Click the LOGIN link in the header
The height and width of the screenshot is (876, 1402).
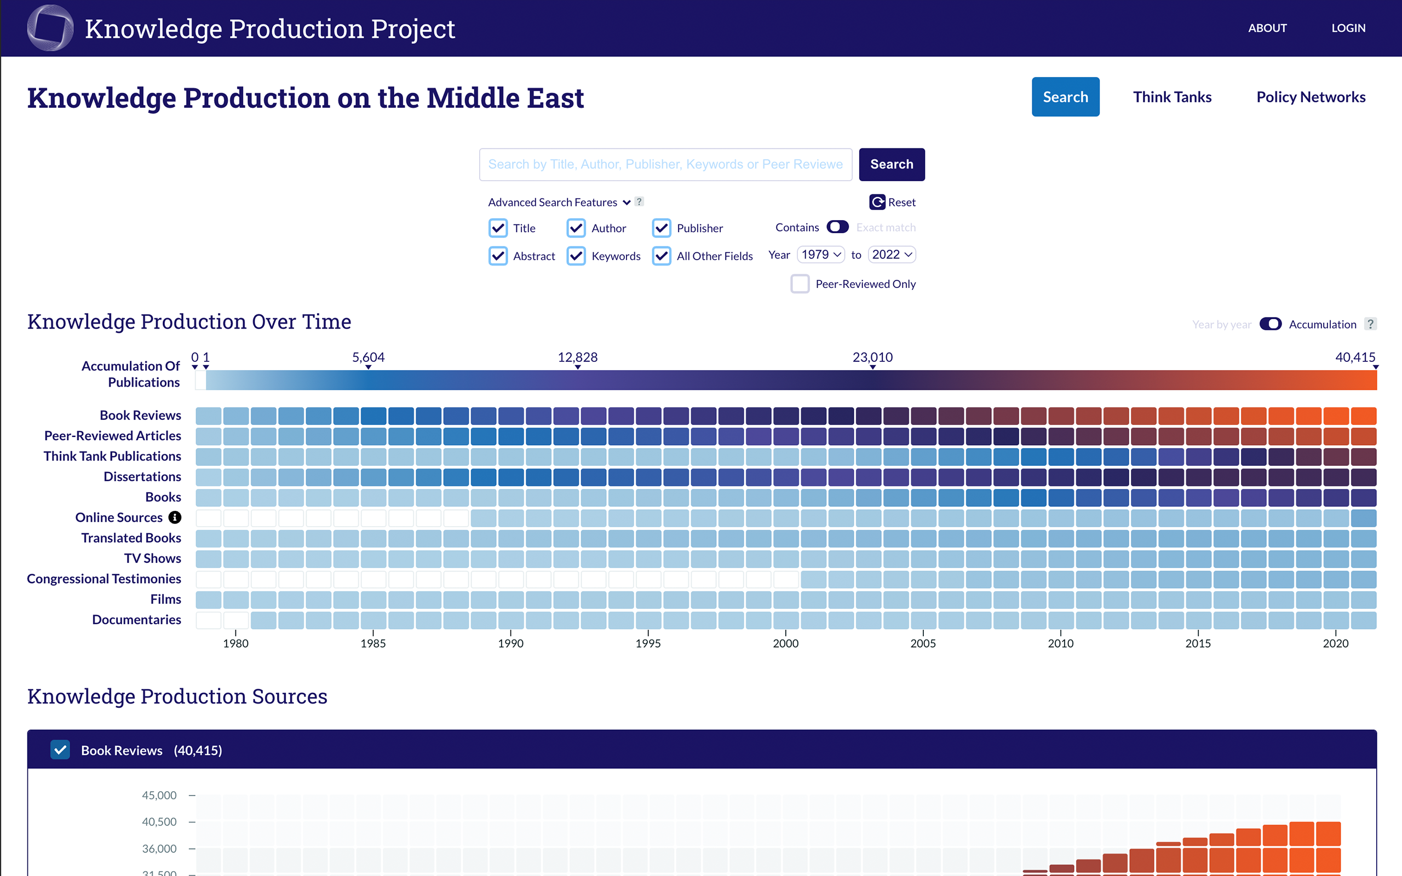1348,28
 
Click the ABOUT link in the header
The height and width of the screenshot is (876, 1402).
1267,28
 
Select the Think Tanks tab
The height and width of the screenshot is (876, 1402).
1172,97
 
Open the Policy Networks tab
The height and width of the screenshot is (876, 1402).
1311,97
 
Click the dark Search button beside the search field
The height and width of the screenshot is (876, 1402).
891,165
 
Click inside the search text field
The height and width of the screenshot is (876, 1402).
665,165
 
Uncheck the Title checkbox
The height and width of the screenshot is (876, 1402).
498,228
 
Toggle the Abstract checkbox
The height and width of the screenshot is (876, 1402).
498,256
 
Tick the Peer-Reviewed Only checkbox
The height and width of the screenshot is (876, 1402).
800,284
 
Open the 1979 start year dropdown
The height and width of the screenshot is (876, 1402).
821,255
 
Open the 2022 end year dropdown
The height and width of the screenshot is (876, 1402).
892,255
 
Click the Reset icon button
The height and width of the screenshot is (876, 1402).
877,202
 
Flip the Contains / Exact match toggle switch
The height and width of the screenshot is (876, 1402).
837,227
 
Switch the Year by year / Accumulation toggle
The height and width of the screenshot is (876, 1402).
1270,324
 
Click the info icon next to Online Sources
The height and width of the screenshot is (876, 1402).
174,517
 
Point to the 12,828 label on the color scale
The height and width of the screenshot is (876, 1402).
578,358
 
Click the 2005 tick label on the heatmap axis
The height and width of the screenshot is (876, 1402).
923,643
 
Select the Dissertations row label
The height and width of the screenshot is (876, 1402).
142,477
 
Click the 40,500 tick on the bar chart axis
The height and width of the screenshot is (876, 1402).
159,822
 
